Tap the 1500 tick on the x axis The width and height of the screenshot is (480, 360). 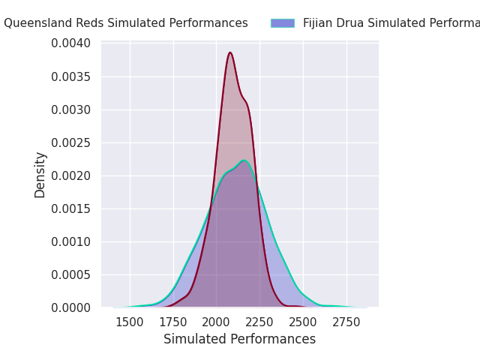point(130,322)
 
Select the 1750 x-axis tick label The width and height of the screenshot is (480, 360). point(173,322)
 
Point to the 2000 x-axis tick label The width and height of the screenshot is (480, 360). point(217,322)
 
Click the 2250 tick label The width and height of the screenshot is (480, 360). point(259,322)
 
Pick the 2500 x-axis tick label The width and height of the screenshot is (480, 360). point(303,322)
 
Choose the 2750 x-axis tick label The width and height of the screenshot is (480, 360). point(346,322)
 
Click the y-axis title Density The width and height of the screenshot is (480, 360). point(40,175)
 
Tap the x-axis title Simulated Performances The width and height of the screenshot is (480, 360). point(240,339)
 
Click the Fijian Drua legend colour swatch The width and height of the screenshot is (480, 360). point(283,23)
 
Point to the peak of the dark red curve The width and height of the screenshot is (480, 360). point(230,52)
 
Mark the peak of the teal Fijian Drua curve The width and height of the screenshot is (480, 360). point(244,160)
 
